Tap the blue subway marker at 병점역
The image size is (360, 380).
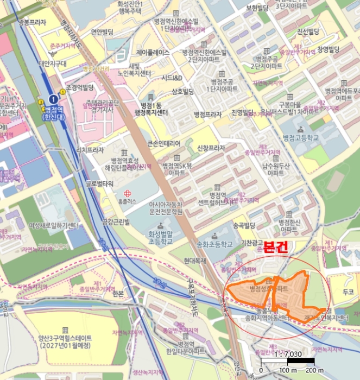(x=53, y=99)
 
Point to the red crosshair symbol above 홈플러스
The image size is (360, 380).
(x=128, y=193)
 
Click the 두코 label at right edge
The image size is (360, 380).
(x=348, y=292)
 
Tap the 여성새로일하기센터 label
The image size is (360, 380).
(x=54, y=225)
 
